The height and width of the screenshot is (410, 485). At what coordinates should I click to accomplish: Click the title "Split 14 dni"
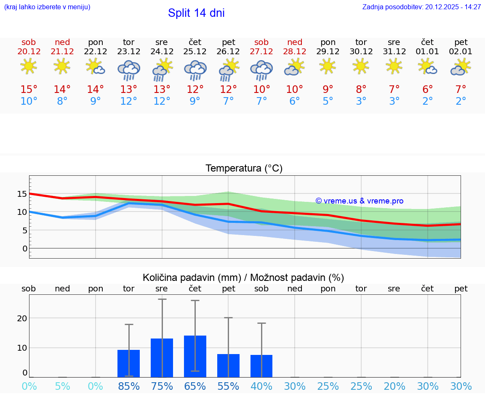tap(196, 13)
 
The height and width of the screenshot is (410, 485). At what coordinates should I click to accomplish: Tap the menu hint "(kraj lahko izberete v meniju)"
tap(47, 7)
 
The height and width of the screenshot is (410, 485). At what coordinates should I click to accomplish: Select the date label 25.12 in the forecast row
tap(195, 52)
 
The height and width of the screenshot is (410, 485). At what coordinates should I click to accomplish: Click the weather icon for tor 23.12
tap(128, 69)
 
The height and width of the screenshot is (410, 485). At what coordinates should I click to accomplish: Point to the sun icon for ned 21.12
tap(62, 66)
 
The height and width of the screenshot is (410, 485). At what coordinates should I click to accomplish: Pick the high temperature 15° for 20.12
tap(29, 90)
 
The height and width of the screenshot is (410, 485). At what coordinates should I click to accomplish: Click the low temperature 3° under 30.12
tap(361, 101)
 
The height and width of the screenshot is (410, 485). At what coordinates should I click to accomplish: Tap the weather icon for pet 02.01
tap(461, 67)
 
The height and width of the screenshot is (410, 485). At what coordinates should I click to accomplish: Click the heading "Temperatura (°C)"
tap(244, 169)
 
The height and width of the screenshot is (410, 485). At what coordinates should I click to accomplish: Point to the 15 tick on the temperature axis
tap(22, 194)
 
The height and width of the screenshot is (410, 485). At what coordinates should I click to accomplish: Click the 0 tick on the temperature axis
tap(25, 249)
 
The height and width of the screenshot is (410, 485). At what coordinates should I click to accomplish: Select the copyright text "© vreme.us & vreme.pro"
tap(359, 201)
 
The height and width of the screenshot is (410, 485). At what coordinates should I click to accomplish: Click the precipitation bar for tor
tap(128, 364)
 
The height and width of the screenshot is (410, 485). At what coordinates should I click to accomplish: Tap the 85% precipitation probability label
tap(128, 386)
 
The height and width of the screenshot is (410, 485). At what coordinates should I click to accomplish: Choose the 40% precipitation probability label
tap(261, 386)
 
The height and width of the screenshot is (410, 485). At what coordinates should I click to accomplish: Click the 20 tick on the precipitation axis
tap(22, 318)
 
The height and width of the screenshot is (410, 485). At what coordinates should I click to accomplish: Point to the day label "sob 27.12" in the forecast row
tap(261, 47)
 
